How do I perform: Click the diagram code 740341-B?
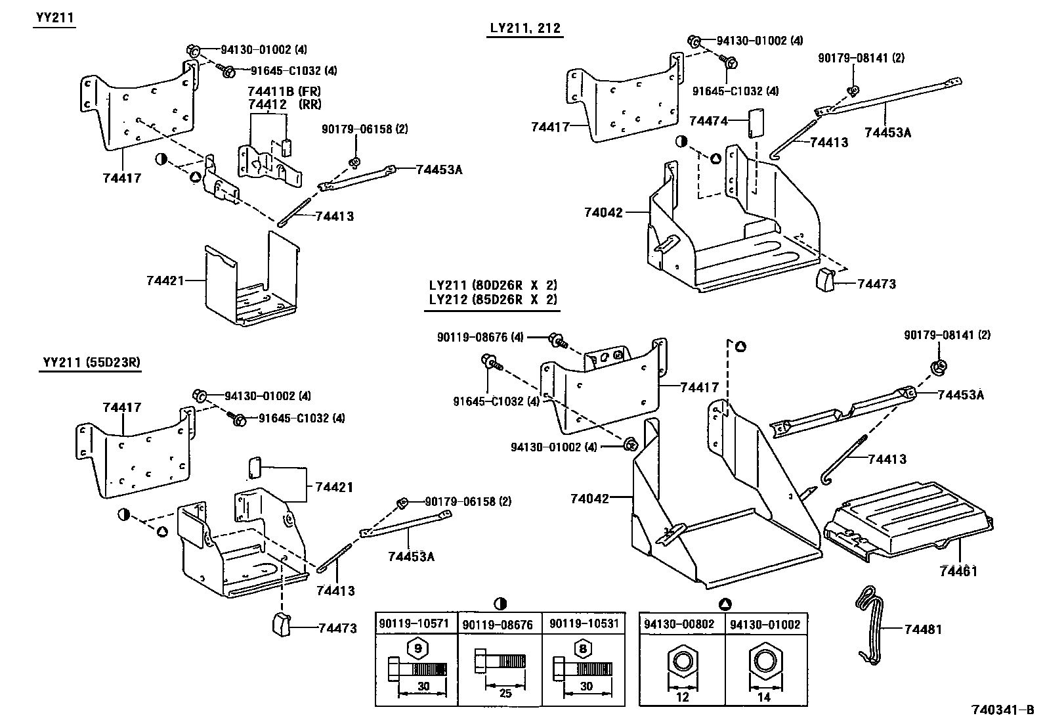pyautogui.click(x=1002, y=710)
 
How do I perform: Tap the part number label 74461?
pyautogui.click(x=958, y=571)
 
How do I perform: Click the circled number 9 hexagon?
pyautogui.click(x=417, y=648)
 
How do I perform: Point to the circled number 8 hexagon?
pyautogui.click(x=581, y=648)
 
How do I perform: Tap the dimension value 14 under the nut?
pyautogui.click(x=763, y=697)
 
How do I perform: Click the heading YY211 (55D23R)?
pyautogui.click(x=91, y=362)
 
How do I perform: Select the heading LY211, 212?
pyautogui.click(x=525, y=28)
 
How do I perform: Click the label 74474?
pyautogui.click(x=708, y=122)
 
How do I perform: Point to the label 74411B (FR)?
pyautogui.click(x=284, y=91)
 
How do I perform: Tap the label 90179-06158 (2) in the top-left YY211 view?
pyautogui.click(x=364, y=129)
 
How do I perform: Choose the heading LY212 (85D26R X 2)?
pyautogui.click(x=492, y=300)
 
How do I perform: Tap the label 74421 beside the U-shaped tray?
pyautogui.click(x=165, y=281)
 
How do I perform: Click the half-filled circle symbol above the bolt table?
pyautogui.click(x=500, y=603)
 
